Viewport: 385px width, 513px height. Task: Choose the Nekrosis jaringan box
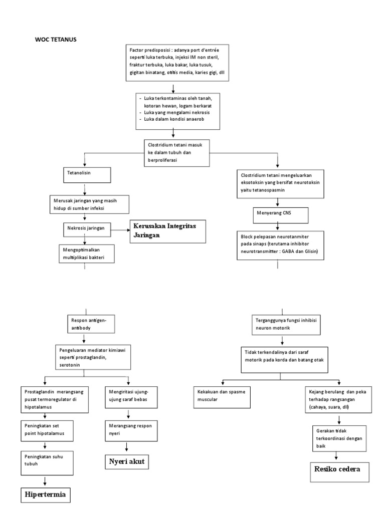(x=87, y=228)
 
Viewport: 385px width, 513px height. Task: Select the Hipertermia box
(x=46, y=495)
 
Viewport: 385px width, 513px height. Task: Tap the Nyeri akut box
(x=127, y=461)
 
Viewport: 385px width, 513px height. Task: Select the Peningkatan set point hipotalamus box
(x=46, y=429)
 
